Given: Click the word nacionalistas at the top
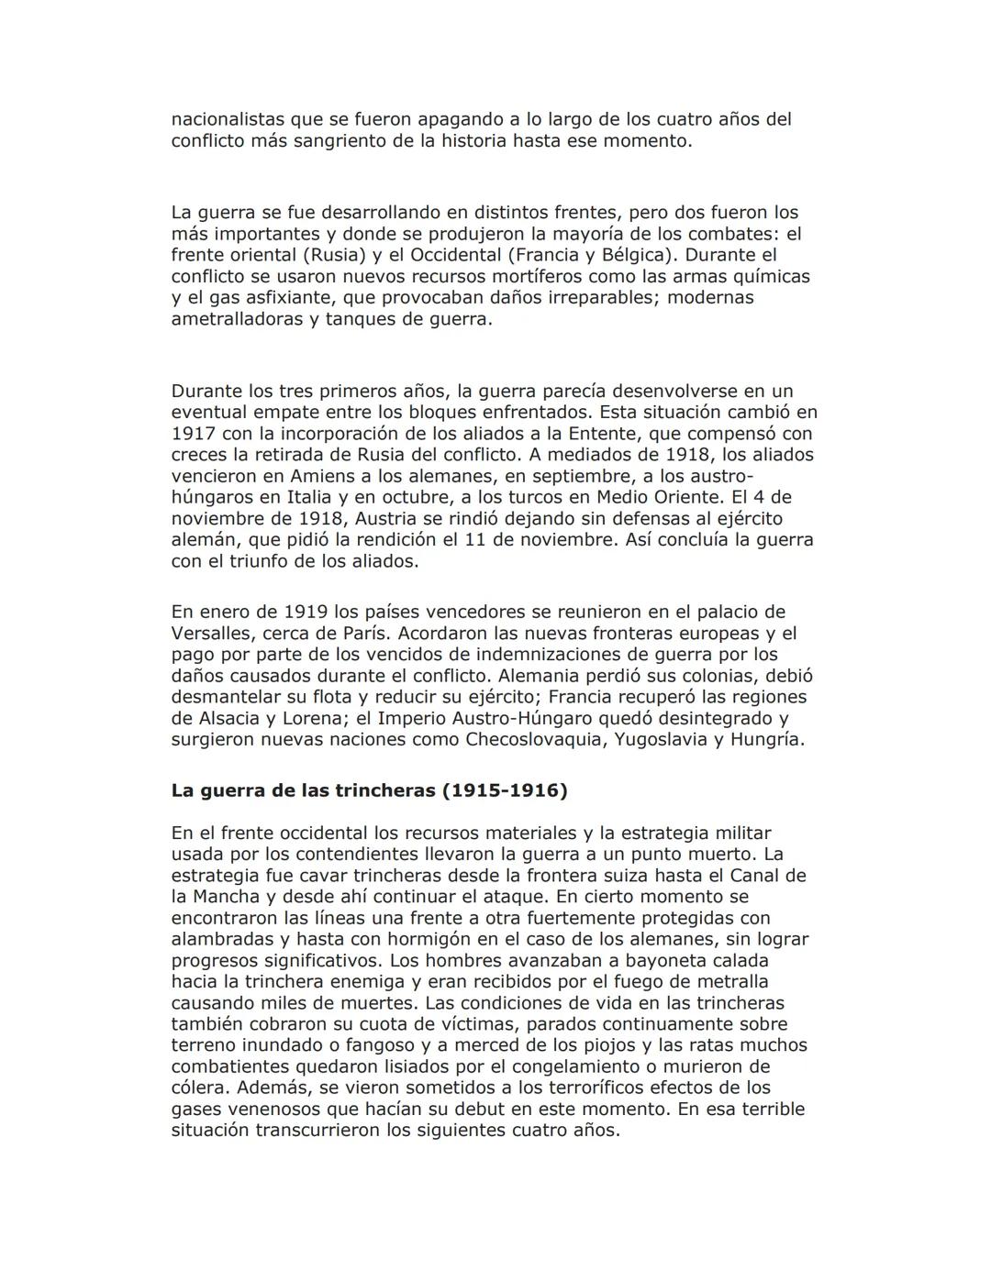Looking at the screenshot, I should click(228, 119).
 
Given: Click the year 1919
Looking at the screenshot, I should click(306, 612).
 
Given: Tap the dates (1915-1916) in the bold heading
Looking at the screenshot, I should click(505, 790).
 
